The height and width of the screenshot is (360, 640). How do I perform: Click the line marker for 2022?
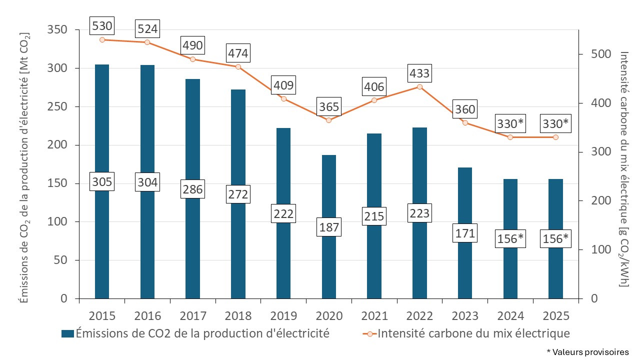click(419, 87)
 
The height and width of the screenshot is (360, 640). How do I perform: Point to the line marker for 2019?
click(283, 98)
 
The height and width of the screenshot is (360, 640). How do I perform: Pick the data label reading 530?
click(102, 25)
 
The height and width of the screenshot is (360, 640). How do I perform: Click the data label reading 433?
click(419, 73)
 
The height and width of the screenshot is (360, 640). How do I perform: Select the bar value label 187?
click(329, 228)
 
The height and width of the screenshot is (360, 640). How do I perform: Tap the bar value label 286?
click(192, 189)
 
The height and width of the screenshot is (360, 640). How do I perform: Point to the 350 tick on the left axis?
click(57, 30)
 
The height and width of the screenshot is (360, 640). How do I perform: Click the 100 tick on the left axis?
click(57, 222)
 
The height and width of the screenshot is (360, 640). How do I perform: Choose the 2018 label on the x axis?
click(238, 316)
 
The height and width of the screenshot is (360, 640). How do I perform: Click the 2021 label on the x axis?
click(374, 316)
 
